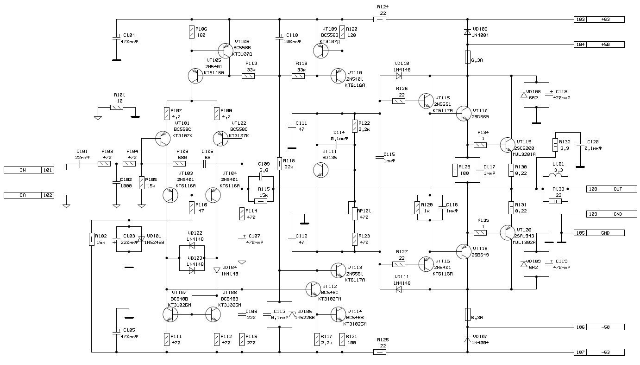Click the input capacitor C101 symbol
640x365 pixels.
[79, 163]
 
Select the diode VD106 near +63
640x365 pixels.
[467, 32]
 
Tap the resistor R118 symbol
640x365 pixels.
[280, 163]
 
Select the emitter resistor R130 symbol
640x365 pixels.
[511, 170]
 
